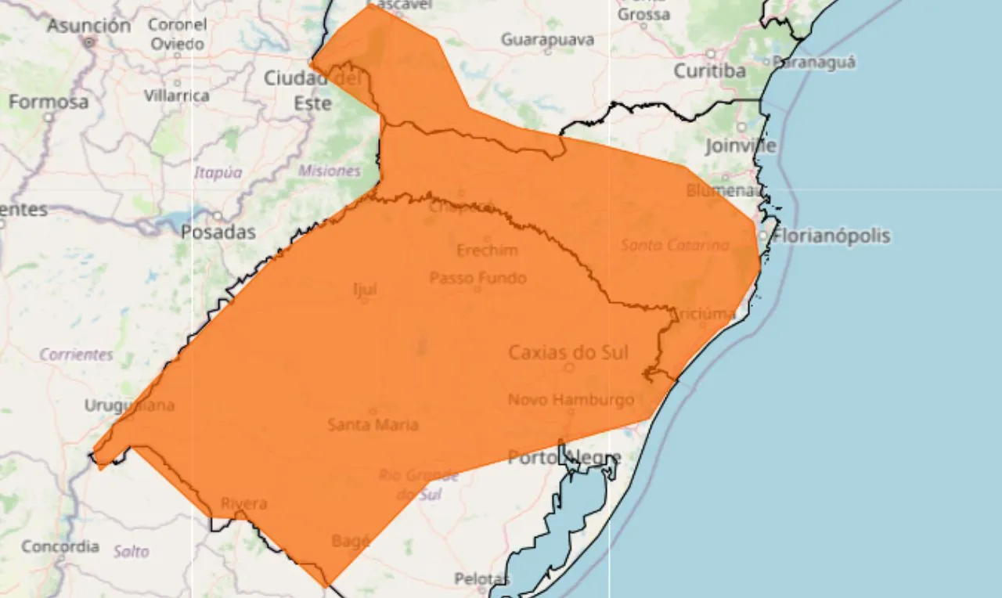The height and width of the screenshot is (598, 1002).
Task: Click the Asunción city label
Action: pos(88,25)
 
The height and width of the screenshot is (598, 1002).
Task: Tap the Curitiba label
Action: pos(709,71)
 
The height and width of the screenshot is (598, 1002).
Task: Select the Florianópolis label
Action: pos(831,236)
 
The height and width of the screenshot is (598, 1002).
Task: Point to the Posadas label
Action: pos(218,232)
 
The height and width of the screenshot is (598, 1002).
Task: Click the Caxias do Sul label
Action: pos(568,352)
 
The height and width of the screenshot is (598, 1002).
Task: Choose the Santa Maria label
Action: pos(373,425)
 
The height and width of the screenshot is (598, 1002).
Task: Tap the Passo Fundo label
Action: pos(478,278)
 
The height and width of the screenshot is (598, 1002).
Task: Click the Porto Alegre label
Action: pos(564,457)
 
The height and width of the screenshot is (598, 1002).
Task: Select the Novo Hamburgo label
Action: pos(571,400)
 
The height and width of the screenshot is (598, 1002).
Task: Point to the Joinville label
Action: pos(741,146)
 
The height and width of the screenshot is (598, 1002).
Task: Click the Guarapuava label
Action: pos(547,39)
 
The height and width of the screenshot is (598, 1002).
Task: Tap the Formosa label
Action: pos(49,102)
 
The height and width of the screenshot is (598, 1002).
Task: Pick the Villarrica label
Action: pos(177,95)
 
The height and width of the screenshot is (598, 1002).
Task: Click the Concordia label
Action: pos(60,546)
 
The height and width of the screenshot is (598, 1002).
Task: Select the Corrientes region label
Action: pos(76,355)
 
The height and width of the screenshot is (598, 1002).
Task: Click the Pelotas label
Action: pos(481,579)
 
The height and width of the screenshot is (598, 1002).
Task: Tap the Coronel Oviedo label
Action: pos(178,34)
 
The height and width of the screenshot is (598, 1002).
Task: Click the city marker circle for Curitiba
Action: pos(711,54)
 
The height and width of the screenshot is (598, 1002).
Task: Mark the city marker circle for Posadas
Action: pos(217,216)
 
